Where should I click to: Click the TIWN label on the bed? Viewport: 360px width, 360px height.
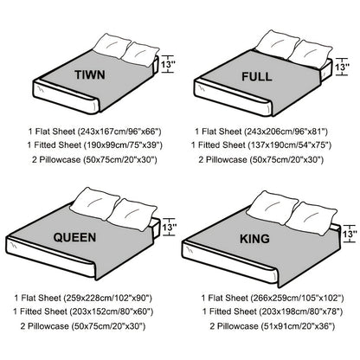tap(90, 74)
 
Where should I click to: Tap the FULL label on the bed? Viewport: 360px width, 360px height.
tap(257, 76)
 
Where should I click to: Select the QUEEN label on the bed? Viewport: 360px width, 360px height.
tap(74, 237)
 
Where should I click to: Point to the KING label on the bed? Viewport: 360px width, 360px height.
tap(254, 239)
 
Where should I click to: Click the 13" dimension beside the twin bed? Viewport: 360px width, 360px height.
tap(168, 64)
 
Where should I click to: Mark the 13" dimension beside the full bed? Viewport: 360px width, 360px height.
tap(342, 67)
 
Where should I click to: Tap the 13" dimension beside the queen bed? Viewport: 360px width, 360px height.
tap(169, 228)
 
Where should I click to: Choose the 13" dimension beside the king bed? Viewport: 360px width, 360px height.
tap(350, 234)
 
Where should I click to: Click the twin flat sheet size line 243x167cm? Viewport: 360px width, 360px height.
tap(94, 132)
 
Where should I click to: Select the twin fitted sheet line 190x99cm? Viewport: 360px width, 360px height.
tap(95, 145)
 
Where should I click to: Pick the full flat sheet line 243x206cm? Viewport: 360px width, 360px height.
tap(261, 132)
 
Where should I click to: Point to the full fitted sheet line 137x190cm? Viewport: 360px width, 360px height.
tap(261, 145)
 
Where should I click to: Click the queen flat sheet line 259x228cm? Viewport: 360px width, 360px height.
tap(83, 298)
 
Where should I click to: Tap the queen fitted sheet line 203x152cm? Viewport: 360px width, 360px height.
tap(83, 312)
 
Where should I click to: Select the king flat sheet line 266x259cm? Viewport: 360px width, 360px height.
tap(273, 298)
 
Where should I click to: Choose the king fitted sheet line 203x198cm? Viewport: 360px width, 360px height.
tap(273, 312)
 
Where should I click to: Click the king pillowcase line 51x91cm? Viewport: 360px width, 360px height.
tap(273, 326)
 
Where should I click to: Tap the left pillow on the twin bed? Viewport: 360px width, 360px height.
tap(112, 46)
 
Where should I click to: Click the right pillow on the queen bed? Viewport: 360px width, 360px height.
tap(132, 214)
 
